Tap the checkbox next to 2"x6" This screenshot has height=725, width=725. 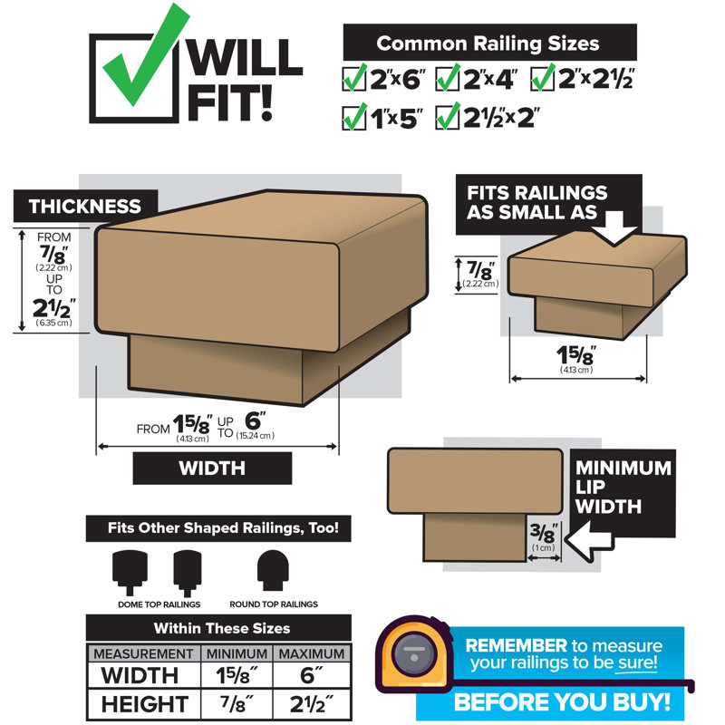point(353,80)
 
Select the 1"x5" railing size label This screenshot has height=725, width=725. point(397,119)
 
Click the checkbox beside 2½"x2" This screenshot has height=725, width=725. point(447,119)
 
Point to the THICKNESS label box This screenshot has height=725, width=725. point(85,207)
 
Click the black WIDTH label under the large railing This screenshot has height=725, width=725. point(212,468)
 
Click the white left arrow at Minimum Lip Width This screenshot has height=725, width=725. point(588,540)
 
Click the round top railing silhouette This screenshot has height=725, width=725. point(273,570)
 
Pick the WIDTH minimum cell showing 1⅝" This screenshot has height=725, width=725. point(237,675)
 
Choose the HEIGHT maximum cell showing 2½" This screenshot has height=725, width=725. point(312,704)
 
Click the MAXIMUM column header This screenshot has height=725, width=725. point(312,653)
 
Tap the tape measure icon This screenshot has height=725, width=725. point(414,654)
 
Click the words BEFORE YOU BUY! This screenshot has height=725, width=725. point(562,701)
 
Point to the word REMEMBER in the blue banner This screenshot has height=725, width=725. point(516,645)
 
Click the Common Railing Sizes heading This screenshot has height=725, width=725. point(488,43)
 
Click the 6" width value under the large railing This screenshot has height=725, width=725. point(255,420)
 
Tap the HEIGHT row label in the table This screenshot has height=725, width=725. point(144,704)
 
